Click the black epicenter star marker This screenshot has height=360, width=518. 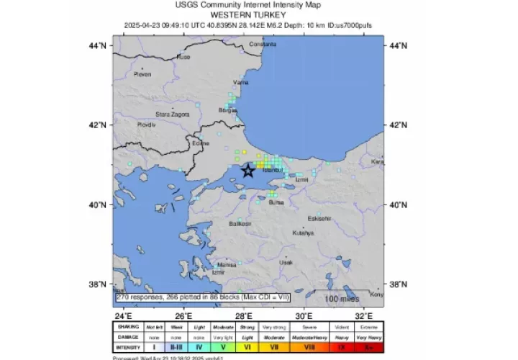coord(247,171)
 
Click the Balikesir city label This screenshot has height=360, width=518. coord(240,224)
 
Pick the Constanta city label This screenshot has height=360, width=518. coord(263,45)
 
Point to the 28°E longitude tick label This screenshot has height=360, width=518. coord(244,315)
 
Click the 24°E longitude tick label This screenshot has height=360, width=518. coord(124,315)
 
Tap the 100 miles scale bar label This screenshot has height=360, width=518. coord(341,298)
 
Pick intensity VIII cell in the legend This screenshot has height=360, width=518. coord(309,347)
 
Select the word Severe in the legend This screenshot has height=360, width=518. coord(309,327)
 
